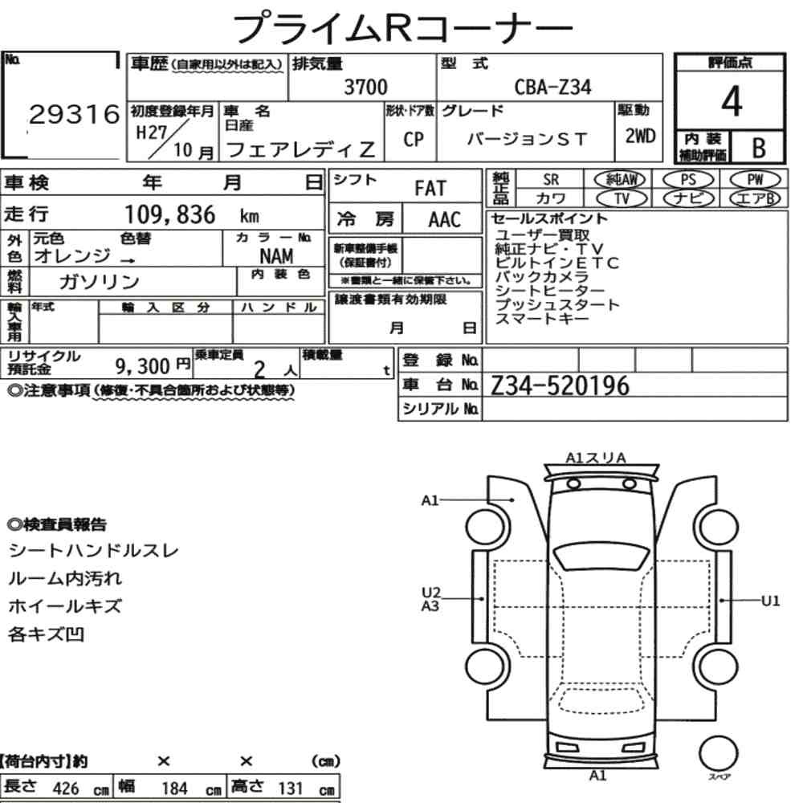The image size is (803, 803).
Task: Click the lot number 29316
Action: coord(74,114)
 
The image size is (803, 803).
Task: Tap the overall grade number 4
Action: coord(732,101)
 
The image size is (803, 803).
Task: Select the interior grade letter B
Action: coord(759,148)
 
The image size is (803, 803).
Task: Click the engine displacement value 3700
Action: coord(365,87)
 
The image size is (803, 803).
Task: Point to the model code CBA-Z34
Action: coord(552,87)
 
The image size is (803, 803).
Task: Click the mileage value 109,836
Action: coord(170,214)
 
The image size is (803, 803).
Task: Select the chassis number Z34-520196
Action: coord(560,385)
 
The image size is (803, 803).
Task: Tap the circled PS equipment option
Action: coord(688,180)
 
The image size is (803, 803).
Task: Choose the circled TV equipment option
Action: coord(622,198)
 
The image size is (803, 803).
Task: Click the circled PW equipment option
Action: coord(755,180)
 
